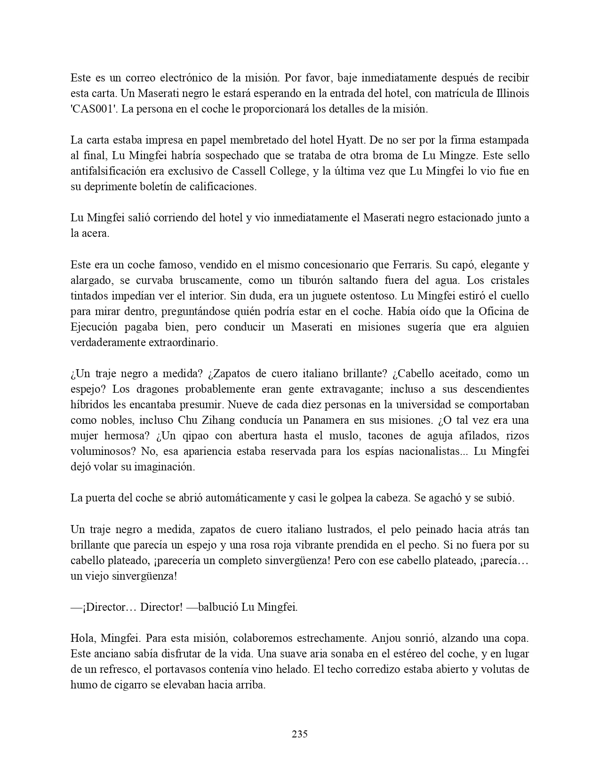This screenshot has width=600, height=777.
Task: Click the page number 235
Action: [x=300, y=734]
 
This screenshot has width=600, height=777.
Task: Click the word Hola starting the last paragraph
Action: [x=82, y=639]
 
